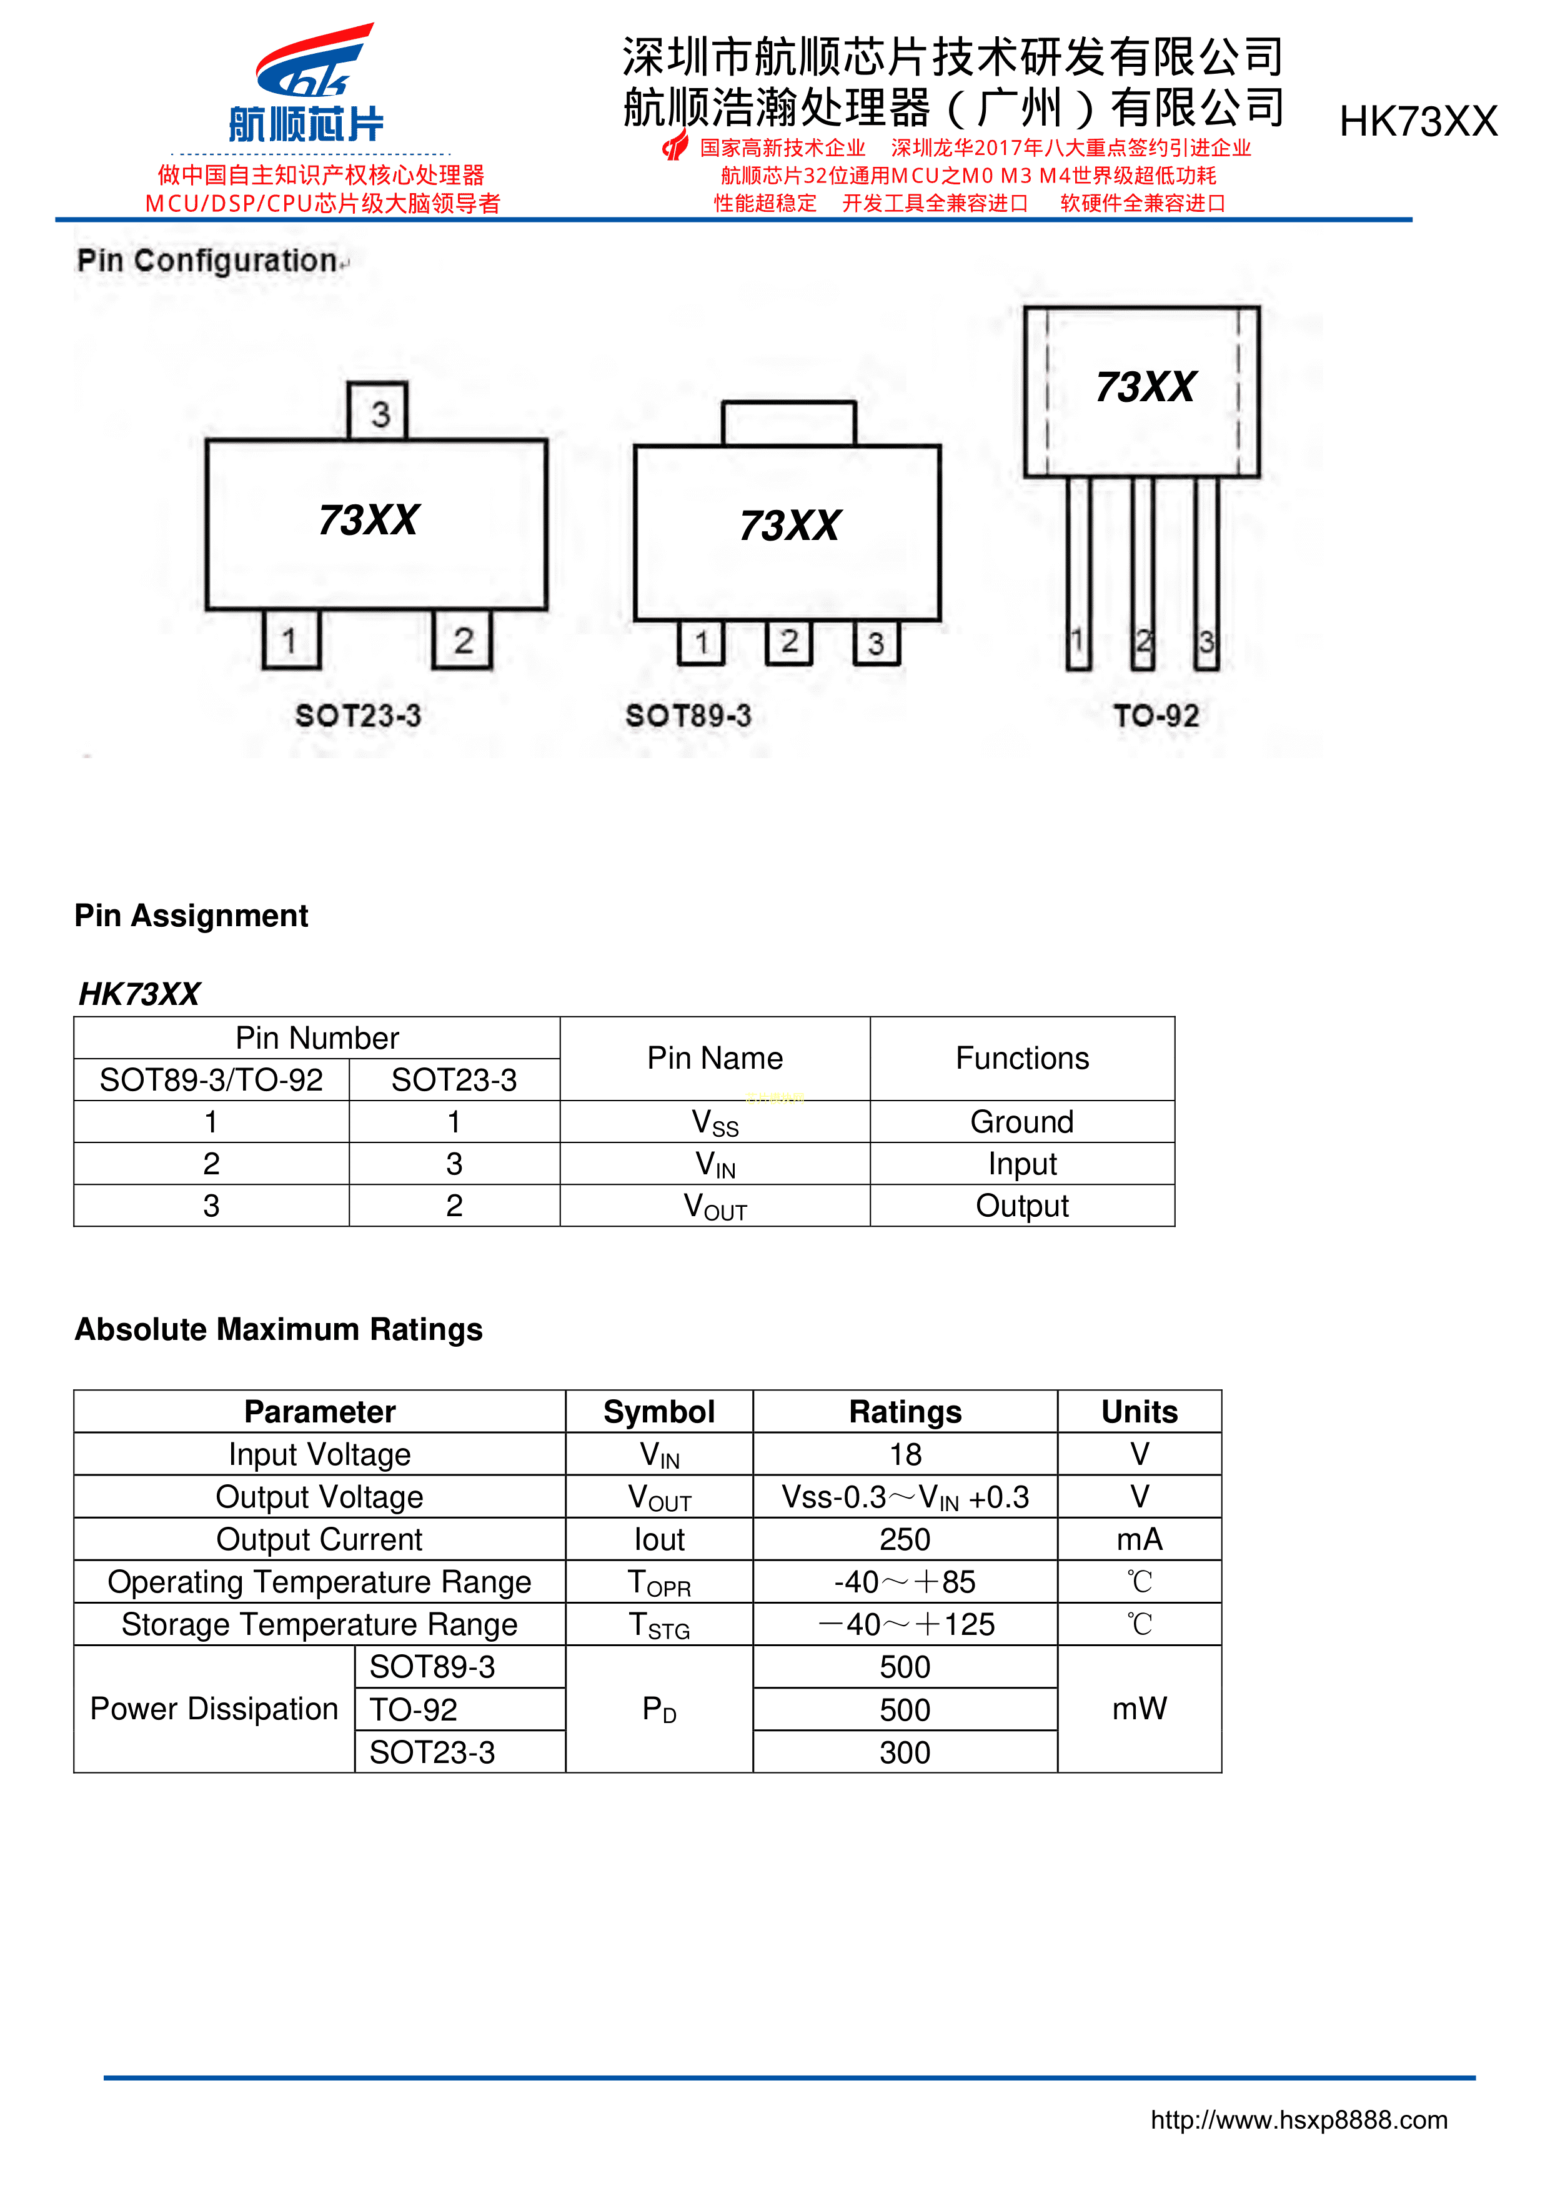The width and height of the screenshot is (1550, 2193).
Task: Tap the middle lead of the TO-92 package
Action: tap(1142, 573)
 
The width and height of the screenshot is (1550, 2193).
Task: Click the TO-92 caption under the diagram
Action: tap(1156, 716)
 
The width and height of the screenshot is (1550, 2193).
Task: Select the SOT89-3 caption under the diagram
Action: tap(688, 716)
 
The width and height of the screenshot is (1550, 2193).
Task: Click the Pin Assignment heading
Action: tap(191, 915)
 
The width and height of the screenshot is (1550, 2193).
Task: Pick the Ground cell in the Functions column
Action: tap(1022, 1121)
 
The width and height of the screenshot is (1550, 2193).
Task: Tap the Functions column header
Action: tap(1022, 1058)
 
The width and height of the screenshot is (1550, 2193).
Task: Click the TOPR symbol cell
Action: tap(659, 1582)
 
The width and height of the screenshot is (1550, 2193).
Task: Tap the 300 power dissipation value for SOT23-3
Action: tap(905, 1752)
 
